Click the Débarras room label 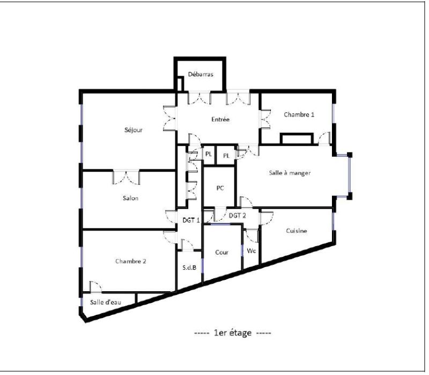tap(201, 74)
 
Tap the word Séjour tap(134, 130)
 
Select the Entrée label tap(220, 119)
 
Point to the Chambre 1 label tap(299, 114)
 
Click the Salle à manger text tap(290, 172)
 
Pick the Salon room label tap(130, 198)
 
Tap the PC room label tap(220, 188)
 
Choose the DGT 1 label tap(191, 220)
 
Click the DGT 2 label tap(237, 215)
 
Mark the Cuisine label tap(297, 231)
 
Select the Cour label tap(221, 252)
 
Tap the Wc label tap(251, 250)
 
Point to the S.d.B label tap(189, 267)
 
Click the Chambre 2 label tap(130, 261)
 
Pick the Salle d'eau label tap(105, 302)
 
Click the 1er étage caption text tap(233, 333)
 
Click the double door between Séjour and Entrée tap(169, 118)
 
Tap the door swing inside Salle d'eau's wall tap(95, 287)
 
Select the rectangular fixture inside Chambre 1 tap(297, 139)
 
